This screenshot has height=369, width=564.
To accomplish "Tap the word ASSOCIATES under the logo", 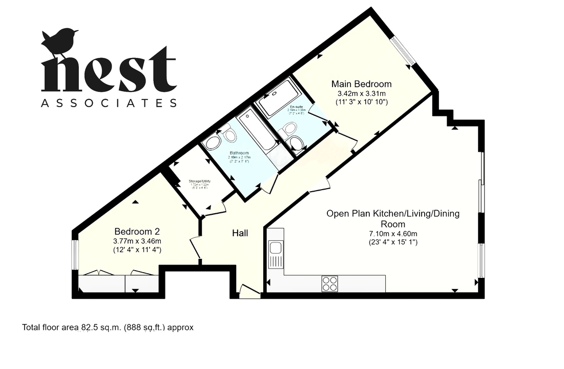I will [109, 103].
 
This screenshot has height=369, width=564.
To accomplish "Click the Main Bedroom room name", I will [361, 84].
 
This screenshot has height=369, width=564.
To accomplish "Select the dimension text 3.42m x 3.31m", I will [361, 93].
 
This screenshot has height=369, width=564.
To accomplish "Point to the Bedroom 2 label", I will [138, 231].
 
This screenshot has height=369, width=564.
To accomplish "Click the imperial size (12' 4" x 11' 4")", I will [138, 250].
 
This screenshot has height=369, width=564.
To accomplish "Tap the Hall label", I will [240, 233].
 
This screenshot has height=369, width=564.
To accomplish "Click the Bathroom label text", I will [239, 153].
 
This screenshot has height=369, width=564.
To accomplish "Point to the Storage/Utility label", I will [199, 181].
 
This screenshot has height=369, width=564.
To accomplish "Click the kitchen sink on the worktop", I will [276, 254].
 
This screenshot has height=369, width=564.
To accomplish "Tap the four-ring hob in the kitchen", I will [330, 283].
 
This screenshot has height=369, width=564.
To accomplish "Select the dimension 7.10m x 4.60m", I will [393, 233].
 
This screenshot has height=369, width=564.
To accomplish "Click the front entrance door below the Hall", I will [250, 292].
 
